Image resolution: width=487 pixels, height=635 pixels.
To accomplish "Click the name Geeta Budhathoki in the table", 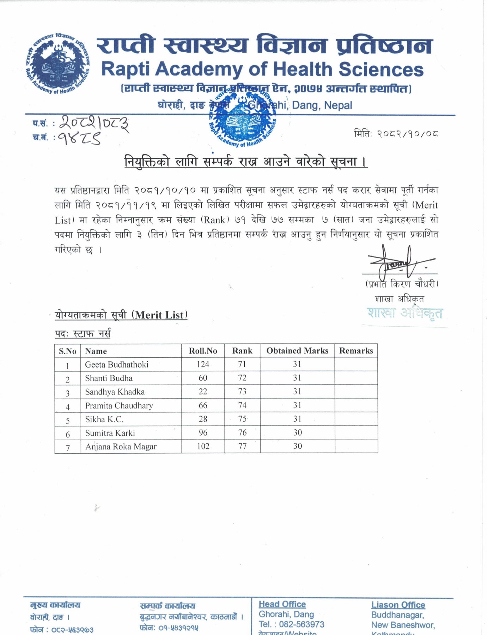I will [x=116, y=364].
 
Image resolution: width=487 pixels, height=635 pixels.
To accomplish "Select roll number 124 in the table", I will [x=203, y=364].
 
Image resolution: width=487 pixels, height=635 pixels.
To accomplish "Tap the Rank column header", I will [x=242, y=351].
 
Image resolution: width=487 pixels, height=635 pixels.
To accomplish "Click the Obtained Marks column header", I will [x=297, y=351].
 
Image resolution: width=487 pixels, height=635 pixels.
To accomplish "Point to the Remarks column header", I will [x=356, y=351].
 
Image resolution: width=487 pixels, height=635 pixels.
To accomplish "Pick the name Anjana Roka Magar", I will [x=121, y=447].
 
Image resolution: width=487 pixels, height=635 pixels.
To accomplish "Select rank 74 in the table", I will [x=242, y=405].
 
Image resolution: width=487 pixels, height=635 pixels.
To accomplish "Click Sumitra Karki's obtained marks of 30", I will [x=297, y=433].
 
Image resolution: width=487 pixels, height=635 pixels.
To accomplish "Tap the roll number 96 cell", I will [x=203, y=433].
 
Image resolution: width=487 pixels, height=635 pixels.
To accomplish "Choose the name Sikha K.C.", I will [x=104, y=419].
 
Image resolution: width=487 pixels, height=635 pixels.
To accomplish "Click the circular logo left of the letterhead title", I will [x=58, y=64].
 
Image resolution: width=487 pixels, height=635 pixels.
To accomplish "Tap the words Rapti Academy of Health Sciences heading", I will [x=262, y=69].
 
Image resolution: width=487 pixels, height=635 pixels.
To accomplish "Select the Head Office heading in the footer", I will [x=282, y=604].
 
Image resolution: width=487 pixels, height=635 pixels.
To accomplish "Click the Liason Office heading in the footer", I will [x=398, y=605].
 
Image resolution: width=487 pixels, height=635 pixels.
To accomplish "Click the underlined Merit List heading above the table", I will [x=121, y=315].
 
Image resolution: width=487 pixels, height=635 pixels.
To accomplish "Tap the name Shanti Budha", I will [x=109, y=378].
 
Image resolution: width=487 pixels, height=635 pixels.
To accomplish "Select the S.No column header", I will [x=67, y=351].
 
